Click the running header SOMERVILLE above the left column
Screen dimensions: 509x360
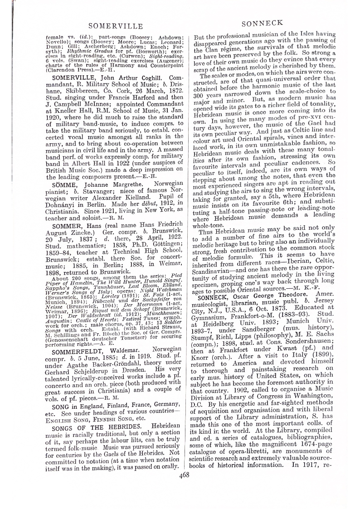point(116,26)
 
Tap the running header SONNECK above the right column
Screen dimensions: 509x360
point(263,23)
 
